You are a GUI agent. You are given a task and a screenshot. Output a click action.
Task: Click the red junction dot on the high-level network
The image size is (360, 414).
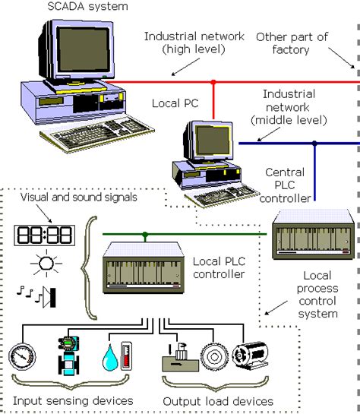213,81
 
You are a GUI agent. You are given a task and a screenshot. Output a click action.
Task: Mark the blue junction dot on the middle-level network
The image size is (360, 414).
314,143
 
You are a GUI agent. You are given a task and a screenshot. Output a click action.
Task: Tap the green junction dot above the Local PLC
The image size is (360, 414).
144,234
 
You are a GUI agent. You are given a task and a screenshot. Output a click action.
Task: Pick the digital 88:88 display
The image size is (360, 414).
43,234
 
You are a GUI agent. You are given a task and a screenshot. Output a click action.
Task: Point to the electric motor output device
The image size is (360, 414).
248,356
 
